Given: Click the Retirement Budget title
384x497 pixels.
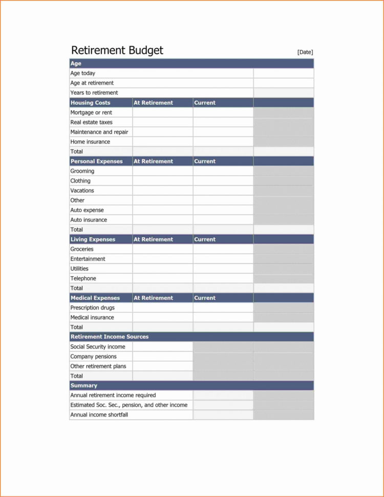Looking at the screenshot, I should tap(117, 50).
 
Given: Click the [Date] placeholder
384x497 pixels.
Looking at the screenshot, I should tap(305, 52).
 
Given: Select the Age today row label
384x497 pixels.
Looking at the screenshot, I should tap(83, 73).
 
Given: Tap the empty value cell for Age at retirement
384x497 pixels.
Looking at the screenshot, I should tap(283, 83).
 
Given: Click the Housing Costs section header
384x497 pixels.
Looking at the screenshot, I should tap(90, 102).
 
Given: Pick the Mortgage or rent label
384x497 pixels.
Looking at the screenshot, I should tap(91, 112).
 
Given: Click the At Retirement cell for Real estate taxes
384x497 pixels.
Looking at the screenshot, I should tap(163, 122).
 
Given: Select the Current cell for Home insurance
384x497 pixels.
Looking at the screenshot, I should tap(223, 142).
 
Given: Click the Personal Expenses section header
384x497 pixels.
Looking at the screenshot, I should tap(97, 161).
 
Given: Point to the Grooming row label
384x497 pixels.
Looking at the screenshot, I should tap(82, 171).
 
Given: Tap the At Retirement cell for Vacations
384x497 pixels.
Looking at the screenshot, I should tap(163, 191).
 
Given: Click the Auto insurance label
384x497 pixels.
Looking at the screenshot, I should tap(89, 220).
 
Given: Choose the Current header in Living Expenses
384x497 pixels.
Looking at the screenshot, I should tap(205, 239).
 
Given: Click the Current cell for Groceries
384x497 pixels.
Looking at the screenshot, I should tap(223, 249).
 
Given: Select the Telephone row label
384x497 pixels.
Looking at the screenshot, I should tap(83, 279).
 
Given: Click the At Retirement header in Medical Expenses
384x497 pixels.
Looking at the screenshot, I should tap(153, 298).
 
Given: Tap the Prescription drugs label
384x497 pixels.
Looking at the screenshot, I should tap(92, 308).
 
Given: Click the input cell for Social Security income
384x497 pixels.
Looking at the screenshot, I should tap(163, 347).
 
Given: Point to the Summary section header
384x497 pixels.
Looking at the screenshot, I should tap(84, 386).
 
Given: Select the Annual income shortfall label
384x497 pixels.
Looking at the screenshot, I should tap(99, 415).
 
